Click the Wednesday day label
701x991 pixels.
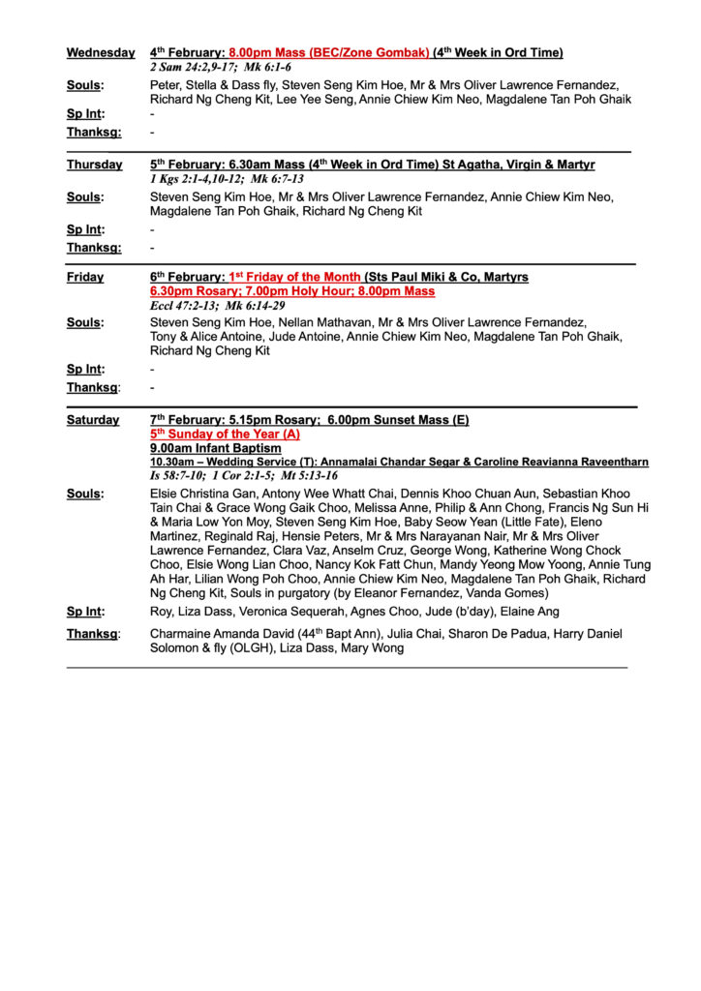(101, 53)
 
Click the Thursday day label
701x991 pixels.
(95, 165)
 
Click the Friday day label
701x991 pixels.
(85, 277)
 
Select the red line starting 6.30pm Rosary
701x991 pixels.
(292, 291)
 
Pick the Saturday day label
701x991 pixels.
(93, 420)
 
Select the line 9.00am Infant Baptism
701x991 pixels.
(216, 449)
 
